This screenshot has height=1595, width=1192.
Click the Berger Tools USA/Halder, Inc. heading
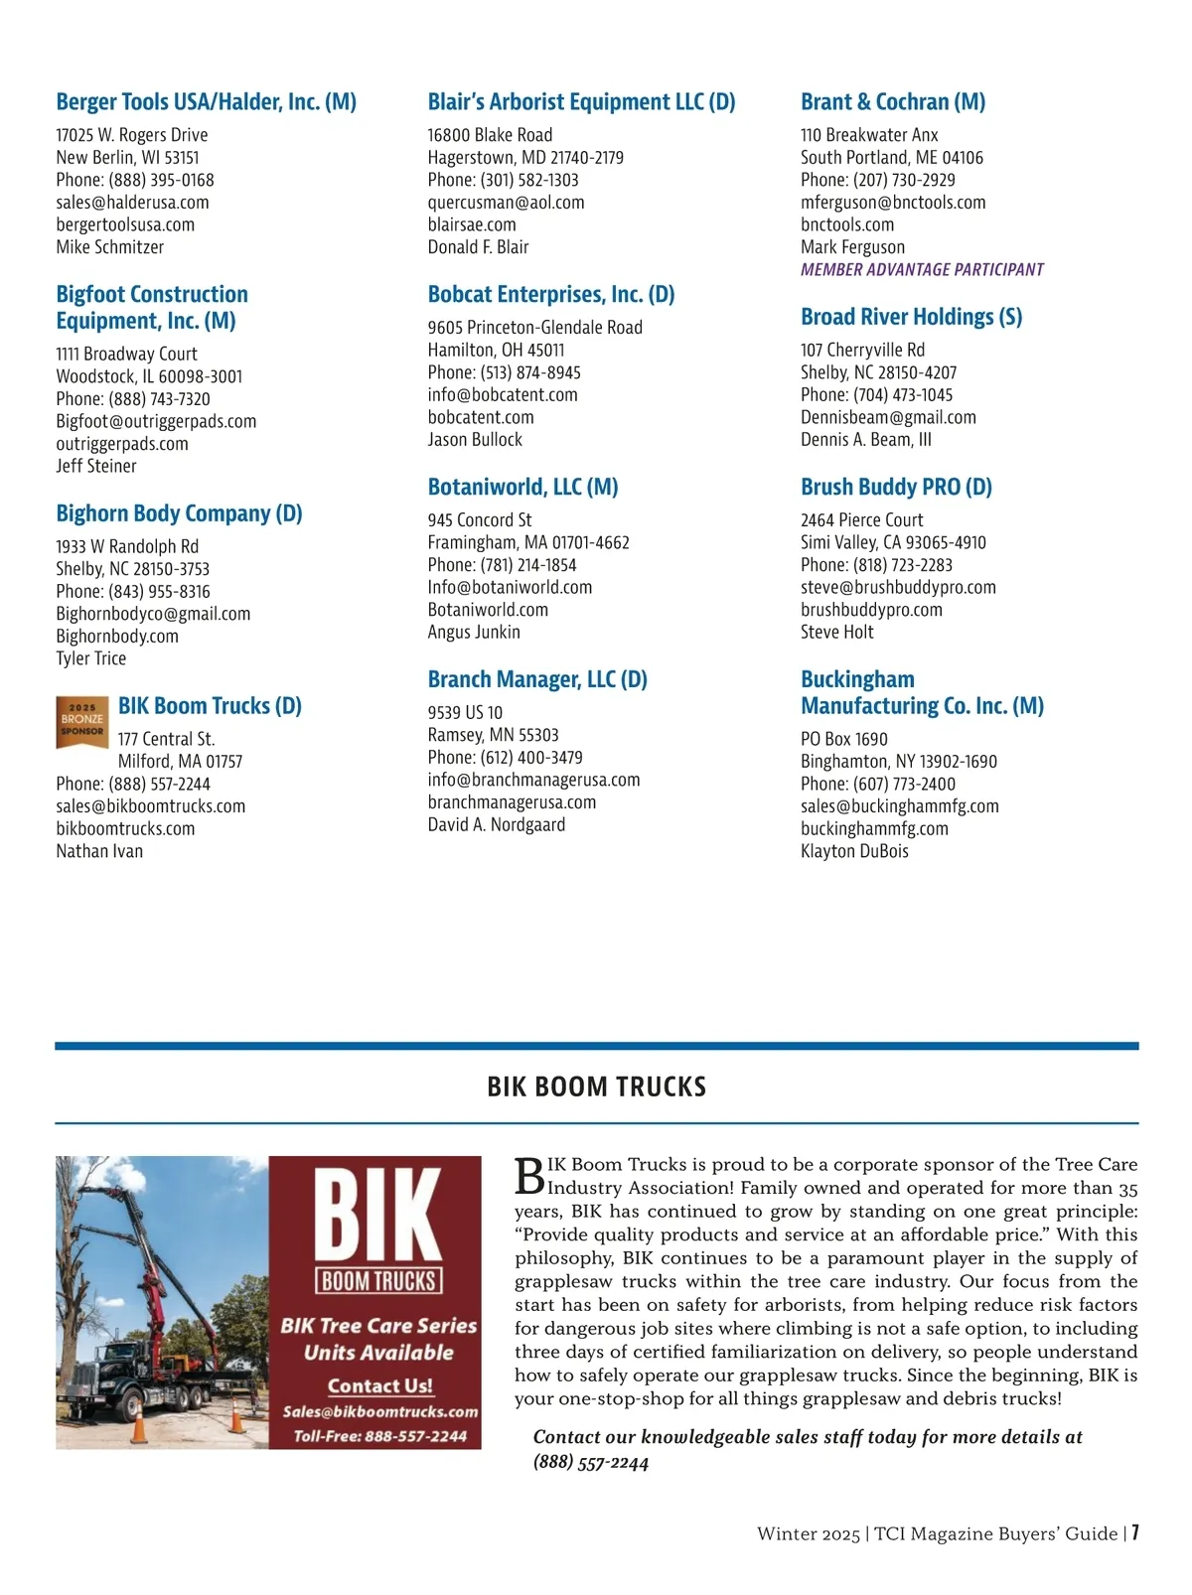point(206,102)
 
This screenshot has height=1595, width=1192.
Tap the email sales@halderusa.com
point(132,203)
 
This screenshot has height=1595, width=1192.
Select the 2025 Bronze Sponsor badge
point(81,722)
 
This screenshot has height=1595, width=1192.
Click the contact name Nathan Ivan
point(99,851)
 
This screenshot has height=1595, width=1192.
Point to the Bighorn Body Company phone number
point(133,592)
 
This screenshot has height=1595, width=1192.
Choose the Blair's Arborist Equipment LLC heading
point(581,102)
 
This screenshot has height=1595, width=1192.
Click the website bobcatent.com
point(481,417)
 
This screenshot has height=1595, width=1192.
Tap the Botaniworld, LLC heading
point(522,488)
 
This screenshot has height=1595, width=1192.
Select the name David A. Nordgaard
point(496,825)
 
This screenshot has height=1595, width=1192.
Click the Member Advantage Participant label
point(922,270)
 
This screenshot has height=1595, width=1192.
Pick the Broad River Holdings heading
point(911,318)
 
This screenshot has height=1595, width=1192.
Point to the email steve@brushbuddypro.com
point(898,588)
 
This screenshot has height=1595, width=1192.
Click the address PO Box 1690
point(844,739)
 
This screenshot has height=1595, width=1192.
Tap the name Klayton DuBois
point(854,851)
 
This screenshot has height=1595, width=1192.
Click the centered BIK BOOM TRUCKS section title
point(596,1087)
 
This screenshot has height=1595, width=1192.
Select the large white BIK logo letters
point(377,1215)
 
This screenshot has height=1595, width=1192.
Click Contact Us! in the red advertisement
point(379,1385)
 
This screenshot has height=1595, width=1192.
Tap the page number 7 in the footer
point(1134,1532)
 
